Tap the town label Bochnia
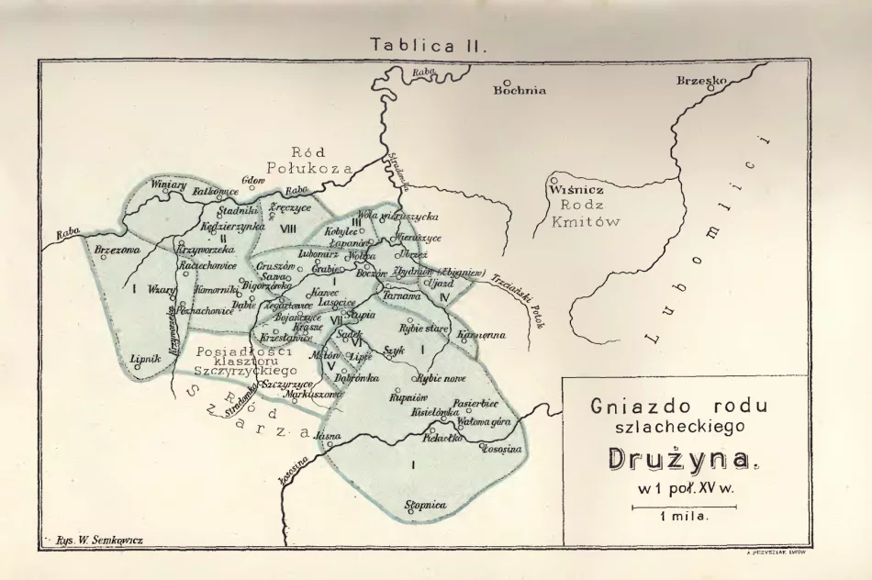[x=520, y=90]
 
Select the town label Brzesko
[x=701, y=81]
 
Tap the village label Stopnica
[x=425, y=505]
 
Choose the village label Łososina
[x=500, y=448]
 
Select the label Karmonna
[x=480, y=335]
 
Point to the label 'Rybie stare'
[x=423, y=328]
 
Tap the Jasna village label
[x=328, y=435]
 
